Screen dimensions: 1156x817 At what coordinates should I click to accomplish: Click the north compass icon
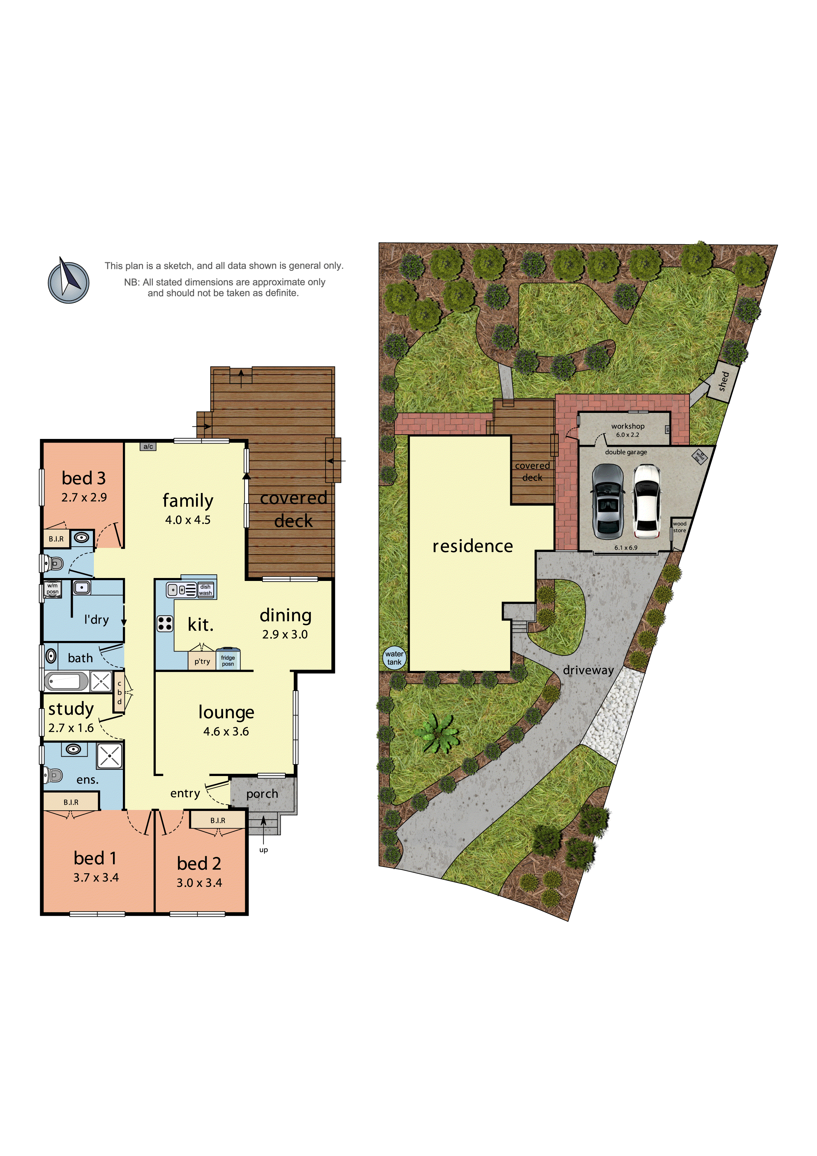pos(69,282)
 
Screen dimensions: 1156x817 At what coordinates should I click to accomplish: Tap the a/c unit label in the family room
pos(148,447)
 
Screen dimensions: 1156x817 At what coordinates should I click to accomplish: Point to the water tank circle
pos(394,657)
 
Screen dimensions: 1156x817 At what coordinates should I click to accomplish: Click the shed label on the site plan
pos(723,382)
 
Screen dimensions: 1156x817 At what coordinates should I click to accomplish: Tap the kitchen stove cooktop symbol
pos(165,623)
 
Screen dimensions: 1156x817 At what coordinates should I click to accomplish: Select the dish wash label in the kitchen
pos(205,590)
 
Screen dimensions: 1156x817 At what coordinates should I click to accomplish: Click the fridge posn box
pos(228,660)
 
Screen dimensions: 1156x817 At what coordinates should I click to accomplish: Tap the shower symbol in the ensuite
pos(109,756)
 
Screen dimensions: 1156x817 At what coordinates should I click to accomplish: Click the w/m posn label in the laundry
pos(52,589)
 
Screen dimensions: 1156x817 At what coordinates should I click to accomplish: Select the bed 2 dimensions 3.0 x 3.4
pos(199,882)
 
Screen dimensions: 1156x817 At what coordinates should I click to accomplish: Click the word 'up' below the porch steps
pos(263,850)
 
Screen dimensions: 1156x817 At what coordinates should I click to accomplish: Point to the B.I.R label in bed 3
pos(56,539)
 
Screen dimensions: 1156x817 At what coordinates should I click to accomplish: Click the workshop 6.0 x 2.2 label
pos(627,430)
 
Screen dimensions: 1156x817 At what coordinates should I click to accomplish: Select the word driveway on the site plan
pos(588,670)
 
